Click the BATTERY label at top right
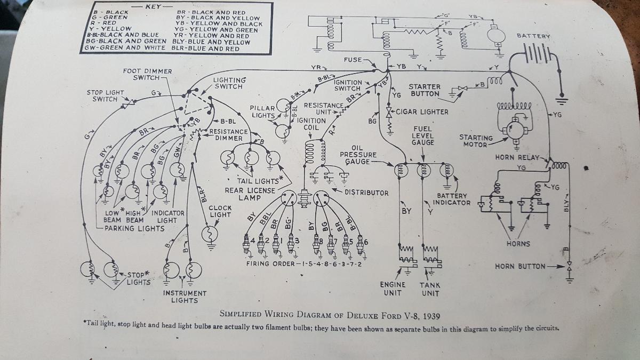pyautogui.click(x=533, y=36)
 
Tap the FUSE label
pyautogui.click(x=353, y=60)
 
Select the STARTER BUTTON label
pyautogui.click(x=425, y=90)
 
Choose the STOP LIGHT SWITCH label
pyautogui.click(x=105, y=95)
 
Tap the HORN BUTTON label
pyautogui.click(x=520, y=266)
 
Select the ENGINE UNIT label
pyautogui.click(x=393, y=289)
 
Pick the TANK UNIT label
pyautogui.click(x=429, y=289)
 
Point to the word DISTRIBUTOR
pyautogui.click(x=366, y=192)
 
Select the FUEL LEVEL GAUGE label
pyautogui.click(x=423, y=135)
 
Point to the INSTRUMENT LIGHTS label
pyautogui.click(x=185, y=297)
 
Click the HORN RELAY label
pyautogui.click(x=517, y=158)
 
